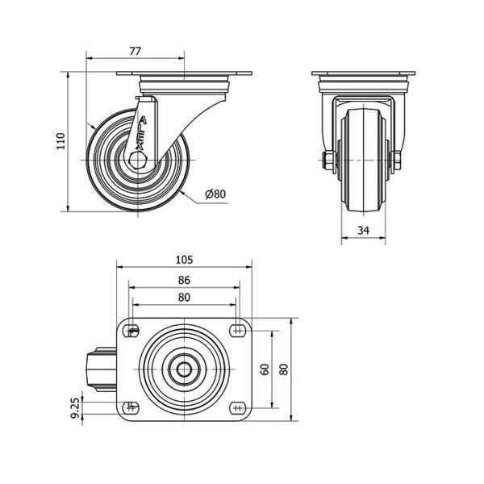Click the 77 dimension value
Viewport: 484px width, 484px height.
(136, 51)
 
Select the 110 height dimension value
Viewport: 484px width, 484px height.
(60, 141)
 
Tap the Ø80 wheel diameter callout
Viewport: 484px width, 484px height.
(215, 194)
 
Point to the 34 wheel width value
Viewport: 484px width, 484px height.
(363, 230)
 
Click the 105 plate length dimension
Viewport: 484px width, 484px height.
(184, 260)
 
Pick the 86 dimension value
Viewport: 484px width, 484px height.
(184, 280)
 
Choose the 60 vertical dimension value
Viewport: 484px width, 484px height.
(265, 369)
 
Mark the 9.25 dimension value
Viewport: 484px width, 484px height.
(75, 407)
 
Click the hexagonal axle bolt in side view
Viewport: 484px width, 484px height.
(138, 160)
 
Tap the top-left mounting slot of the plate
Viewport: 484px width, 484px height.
(131, 332)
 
